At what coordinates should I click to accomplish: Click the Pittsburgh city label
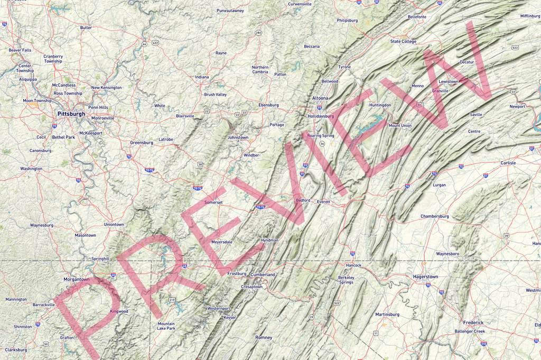[71, 114]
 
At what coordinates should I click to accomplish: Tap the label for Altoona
[320, 98]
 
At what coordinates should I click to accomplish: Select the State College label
[403, 41]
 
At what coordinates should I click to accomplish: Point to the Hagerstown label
[425, 276]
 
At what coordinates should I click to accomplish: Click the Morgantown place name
[77, 279]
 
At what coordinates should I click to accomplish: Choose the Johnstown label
[238, 137]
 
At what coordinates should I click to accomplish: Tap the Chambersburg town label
[434, 216]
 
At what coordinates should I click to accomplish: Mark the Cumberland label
[263, 275]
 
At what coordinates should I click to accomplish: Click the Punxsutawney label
[230, 11]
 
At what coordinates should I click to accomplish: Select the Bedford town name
[303, 200]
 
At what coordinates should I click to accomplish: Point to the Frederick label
[473, 322]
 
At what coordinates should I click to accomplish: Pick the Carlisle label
[508, 163]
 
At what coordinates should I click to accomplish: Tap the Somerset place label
[214, 202]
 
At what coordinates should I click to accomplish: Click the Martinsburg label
[387, 315]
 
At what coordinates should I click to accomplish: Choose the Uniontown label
[114, 225]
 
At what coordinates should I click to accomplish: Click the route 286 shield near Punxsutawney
[258, 33]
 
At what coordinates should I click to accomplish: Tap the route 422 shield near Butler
[155, 42]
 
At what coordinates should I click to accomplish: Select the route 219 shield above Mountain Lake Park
[172, 300]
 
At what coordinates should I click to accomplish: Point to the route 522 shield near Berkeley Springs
[337, 303]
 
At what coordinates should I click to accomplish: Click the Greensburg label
[142, 143]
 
